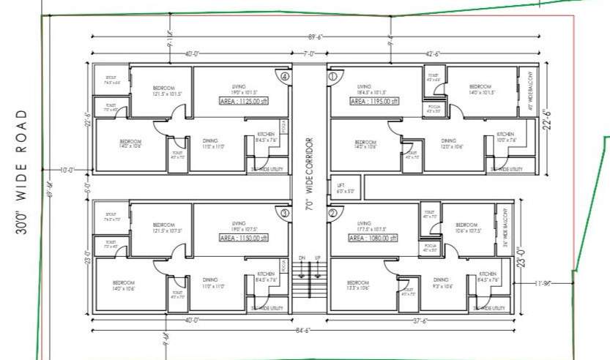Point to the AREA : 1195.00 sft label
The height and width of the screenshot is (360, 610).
(x=374, y=101)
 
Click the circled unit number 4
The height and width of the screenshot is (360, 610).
(x=285, y=75)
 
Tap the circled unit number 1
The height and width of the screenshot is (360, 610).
(x=332, y=75)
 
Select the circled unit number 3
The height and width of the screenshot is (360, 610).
(x=285, y=213)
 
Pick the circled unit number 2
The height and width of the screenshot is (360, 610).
(x=332, y=213)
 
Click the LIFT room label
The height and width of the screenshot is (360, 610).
(x=341, y=188)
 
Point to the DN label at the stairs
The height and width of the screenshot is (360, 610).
(x=302, y=258)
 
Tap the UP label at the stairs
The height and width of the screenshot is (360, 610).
(x=317, y=258)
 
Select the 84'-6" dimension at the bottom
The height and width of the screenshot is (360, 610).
(x=302, y=331)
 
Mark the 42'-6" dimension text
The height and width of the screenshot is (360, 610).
(x=432, y=53)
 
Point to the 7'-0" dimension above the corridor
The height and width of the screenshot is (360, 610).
(x=309, y=53)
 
